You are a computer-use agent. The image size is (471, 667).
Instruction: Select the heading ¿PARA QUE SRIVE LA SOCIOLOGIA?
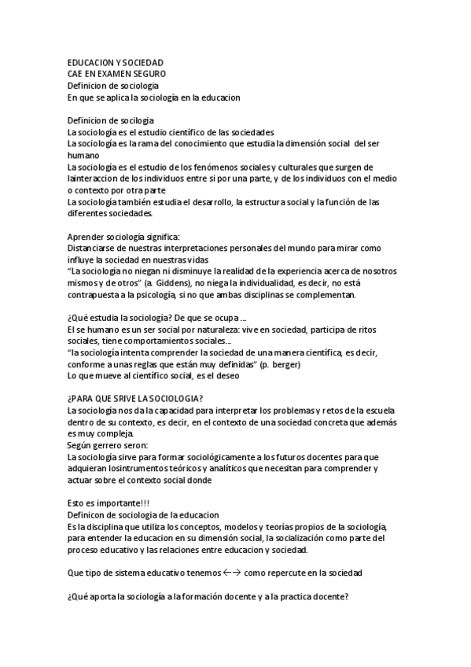(x=136, y=399)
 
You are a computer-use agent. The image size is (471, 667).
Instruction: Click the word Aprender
(x=87, y=237)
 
